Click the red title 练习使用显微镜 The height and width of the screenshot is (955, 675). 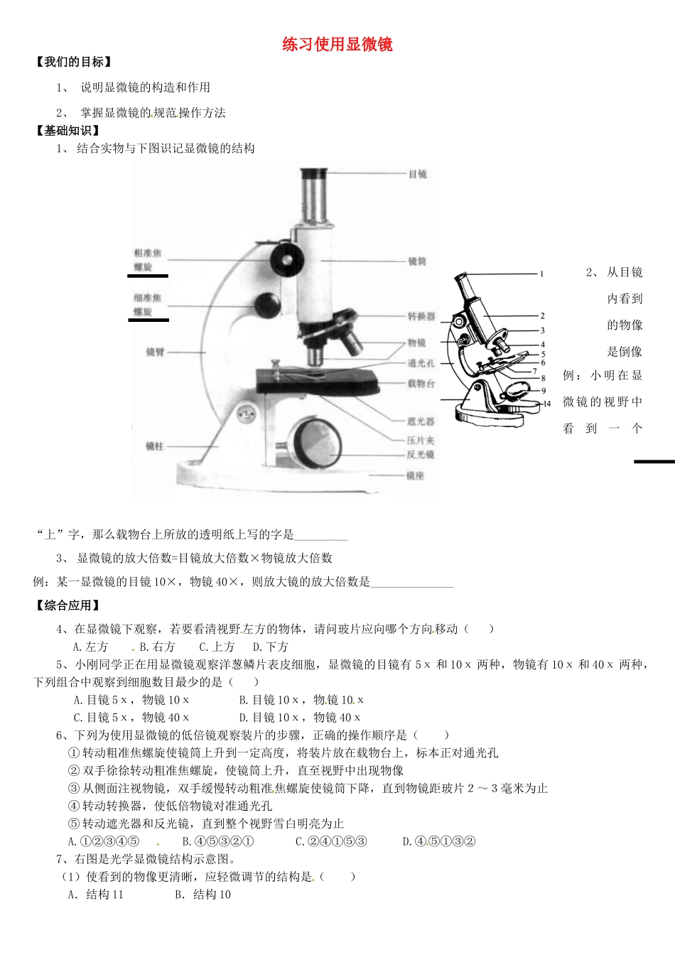(x=337, y=45)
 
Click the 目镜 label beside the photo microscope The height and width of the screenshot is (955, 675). (x=417, y=173)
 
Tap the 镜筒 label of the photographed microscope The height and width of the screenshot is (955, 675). (x=417, y=261)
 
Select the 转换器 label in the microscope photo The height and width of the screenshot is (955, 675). (x=421, y=316)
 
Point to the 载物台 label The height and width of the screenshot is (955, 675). (x=421, y=384)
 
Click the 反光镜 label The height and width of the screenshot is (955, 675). (x=420, y=454)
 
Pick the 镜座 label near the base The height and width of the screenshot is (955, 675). (x=415, y=475)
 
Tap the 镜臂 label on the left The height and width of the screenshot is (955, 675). (x=155, y=352)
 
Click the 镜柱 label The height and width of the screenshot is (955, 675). (x=154, y=446)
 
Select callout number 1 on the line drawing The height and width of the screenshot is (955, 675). (x=541, y=274)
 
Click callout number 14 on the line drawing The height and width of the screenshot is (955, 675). (x=546, y=404)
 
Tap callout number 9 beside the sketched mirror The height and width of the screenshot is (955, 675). (x=544, y=391)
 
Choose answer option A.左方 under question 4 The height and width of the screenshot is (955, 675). (x=91, y=647)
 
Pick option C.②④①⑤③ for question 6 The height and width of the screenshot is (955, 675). (x=331, y=841)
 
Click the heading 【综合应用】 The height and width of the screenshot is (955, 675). (x=67, y=605)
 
